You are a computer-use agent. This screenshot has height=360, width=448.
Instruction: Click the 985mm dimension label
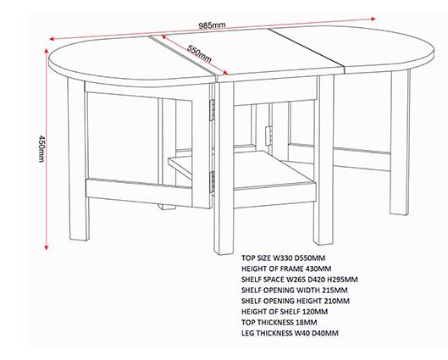pyautogui.click(x=212, y=25)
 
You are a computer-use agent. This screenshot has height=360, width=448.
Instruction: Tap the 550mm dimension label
pyautogui.click(x=199, y=53)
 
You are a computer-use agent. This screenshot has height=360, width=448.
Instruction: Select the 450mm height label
pyautogui.click(x=41, y=148)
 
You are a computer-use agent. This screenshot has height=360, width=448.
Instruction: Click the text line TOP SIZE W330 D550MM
pyautogui.click(x=283, y=258)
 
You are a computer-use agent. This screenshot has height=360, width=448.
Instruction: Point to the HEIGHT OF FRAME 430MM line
pyautogui.click(x=286, y=269)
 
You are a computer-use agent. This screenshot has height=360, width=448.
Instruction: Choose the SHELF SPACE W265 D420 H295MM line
pyautogui.click(x=300, y=280)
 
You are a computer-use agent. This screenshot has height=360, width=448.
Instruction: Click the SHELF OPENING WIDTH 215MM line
pyautogui.click(x=294, y=290)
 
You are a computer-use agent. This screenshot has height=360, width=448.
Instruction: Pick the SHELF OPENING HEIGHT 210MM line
pyautogui.click(x=296, y=301)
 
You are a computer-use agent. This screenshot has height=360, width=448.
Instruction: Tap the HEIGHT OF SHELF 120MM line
pyautogui.click(x=285, y=312)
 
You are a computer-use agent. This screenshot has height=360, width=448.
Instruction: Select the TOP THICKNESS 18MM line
pyautogui.click(x=279, y=322)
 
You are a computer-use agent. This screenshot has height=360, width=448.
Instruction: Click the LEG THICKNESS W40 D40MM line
pyautogui.click(x=290, y=333)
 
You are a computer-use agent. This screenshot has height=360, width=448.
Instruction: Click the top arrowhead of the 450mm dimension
pyautogui.click(x=46, y=50)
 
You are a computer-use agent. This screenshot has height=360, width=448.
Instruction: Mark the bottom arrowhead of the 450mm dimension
pyautogui.click(x=47, y=247)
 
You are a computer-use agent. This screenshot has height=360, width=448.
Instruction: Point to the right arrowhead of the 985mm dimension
pyautogui.click(x=373, y=19)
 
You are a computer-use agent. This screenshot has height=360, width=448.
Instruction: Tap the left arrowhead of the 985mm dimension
pyautogui.click(x=52, y=39)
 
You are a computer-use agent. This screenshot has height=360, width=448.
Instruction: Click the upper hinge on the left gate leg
pyautogui.click(x=213, y=110)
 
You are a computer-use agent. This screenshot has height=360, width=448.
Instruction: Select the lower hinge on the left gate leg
pyautogui.click(x=213, y=182)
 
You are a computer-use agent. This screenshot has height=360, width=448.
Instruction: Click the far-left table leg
pyautogui.click(x=77, y=159)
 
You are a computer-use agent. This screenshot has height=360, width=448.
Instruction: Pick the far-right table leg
pyautogui.click(x=400, y=142)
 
